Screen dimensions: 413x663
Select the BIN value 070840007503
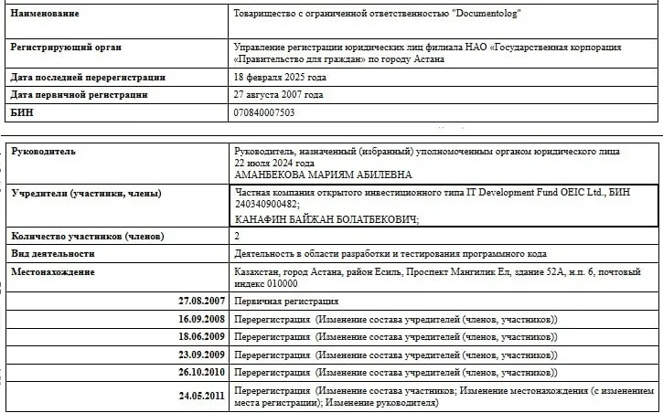265,112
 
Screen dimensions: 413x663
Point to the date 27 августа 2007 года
279,95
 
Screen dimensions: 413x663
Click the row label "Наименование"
44,14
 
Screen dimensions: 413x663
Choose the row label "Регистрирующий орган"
64,46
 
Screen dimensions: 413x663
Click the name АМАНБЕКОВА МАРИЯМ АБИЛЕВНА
323,175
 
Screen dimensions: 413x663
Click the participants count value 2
238,236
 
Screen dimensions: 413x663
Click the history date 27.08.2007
202,301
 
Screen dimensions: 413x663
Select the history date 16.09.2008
202,319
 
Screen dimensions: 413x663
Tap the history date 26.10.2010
202,373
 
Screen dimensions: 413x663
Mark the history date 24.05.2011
202,396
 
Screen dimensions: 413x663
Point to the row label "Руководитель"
43,151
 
